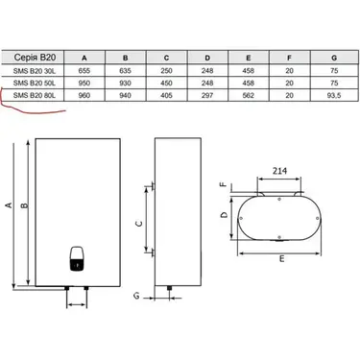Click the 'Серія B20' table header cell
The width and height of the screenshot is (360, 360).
[x=35, y=58]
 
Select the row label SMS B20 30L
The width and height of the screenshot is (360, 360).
[x=35, y=71]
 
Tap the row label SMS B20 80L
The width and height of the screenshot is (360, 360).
[x=35, y=95]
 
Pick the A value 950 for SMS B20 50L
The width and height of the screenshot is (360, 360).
[x=84, y=84]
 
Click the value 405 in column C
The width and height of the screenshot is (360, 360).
[x=166, y=95]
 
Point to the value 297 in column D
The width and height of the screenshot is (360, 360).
[x=207, y=95]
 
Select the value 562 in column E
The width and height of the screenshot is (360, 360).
[x=249, y=95]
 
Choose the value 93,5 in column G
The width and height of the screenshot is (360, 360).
[x=334, y=95]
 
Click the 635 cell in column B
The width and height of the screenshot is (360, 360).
[x=125, y=71]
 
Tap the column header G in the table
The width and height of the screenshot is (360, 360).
[x=334, y=58]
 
